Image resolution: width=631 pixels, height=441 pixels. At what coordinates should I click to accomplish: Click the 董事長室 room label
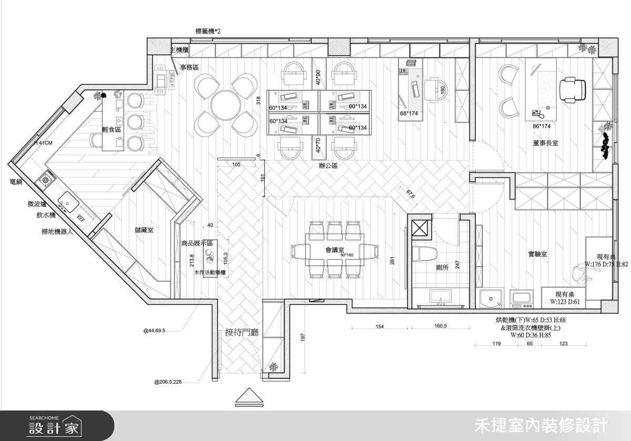pos(545,143)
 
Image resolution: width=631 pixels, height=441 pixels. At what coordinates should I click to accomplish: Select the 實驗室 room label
pos(538,254)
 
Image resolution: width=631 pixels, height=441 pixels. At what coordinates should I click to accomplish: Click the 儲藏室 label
pos(144,230)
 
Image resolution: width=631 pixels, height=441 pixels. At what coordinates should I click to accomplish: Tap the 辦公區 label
pos(328,165)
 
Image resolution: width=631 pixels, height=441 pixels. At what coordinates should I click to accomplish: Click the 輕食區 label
pos(111,129)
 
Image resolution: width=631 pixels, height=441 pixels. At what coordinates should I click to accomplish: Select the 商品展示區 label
pos(196,243)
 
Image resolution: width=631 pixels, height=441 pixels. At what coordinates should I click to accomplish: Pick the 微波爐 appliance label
pos(38,204)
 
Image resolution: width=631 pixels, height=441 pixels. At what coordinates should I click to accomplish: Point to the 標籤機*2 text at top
pos(208,32)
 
